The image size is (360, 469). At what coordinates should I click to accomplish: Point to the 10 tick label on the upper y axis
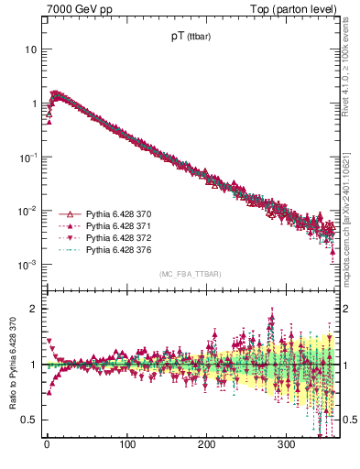[29, 49]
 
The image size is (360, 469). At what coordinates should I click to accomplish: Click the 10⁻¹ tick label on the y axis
[27, 157]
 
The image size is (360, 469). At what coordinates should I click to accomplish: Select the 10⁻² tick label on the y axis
[27, 211]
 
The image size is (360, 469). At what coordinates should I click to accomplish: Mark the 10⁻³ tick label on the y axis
[27, 265]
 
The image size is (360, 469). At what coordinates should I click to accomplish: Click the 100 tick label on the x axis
[127, 445]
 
